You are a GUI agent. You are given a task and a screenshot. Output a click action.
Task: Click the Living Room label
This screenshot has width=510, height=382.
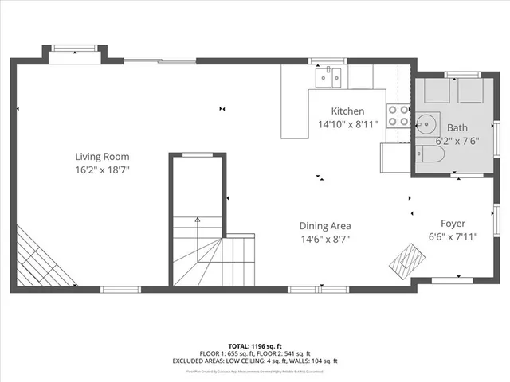pyautogui.click(x=102, y=157)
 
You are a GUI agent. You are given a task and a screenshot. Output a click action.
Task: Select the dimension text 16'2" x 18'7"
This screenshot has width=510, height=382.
pyautogui.click(x=102, y=170)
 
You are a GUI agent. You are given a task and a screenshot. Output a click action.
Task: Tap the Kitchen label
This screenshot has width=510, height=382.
pyautogui.click(x=347, y=111)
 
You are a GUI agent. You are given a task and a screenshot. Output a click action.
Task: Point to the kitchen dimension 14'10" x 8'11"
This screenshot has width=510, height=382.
pyautogui.click(x=347, y=125)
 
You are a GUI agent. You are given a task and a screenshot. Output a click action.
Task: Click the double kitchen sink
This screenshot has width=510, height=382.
pyautogui.click(x=328, y=77)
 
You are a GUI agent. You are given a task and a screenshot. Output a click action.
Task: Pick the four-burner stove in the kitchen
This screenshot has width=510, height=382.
pyautogui.click(x=397, y=116)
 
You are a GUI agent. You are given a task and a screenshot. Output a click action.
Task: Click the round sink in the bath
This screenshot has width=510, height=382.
pyautogui.click(x=425, y=123)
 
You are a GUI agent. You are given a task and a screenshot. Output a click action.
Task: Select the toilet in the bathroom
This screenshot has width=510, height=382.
pyautogui.click(x=422, y=156)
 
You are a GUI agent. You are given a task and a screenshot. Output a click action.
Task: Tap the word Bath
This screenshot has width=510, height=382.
pyautogui.click(x=457, y=127)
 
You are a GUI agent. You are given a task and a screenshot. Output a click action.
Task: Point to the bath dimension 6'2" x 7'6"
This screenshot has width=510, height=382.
pyautogui.click(x=457, y=141)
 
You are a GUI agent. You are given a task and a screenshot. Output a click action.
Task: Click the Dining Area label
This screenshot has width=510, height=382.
pyautogui.click(x=324, y=225)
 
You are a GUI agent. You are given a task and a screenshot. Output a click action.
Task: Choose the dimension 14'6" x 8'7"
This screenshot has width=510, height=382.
pyautogui.click(x=324, y=239)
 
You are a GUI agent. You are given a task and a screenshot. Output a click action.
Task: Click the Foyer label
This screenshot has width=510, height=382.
pyautogui.click(x=453, y=224)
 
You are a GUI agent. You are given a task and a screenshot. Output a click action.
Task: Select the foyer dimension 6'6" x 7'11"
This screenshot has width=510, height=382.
pyautogui.click(x=453, y=237)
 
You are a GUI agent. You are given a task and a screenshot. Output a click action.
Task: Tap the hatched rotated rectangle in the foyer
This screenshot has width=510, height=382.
pyautogui.click(x=407, y=257)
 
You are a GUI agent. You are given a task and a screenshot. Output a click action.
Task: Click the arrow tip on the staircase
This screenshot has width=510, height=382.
pyautogui.click(x=198, y=218)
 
